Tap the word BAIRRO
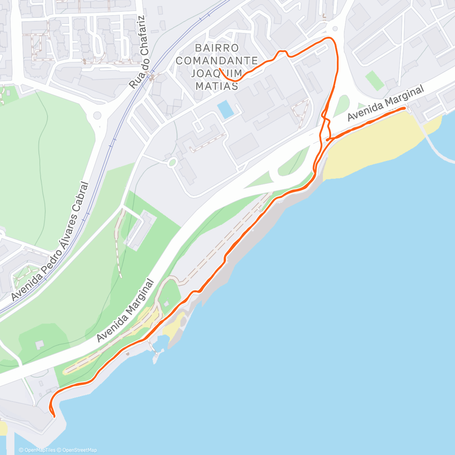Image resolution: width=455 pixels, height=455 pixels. tap(217, 48)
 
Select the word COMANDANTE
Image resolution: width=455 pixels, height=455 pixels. tap(217, 61)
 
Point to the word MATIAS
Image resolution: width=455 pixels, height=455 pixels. tap(217, 86)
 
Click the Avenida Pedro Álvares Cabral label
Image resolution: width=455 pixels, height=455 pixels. tap(50, 242)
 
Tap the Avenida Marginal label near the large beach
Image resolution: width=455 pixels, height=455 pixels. tap(385, 104)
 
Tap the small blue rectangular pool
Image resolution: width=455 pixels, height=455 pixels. tap(226, 109)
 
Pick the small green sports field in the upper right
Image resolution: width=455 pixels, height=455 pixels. tap(375, 80)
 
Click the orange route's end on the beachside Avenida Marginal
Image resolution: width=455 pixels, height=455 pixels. tap(405, 108)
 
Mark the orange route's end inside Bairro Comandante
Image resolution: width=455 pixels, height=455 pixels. tap(220, 69)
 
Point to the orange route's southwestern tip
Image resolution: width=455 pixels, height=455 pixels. tap(54, 416)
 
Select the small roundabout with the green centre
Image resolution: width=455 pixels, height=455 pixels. tap(172, 163)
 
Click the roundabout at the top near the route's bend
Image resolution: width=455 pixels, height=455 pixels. tap(335, 28)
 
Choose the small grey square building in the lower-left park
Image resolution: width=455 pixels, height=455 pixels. tap(39, 344)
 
